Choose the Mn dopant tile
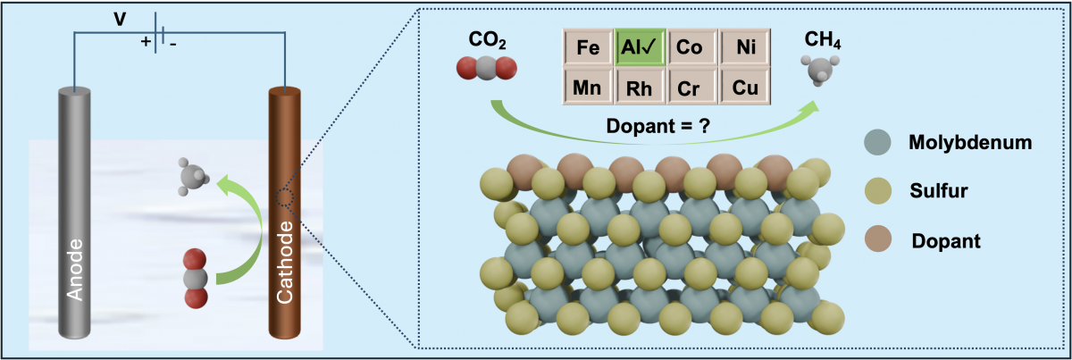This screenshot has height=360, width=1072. [x=588, y=88]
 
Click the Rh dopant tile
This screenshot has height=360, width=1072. [x=640, y=88]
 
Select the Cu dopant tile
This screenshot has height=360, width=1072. [x=744, y=88]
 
